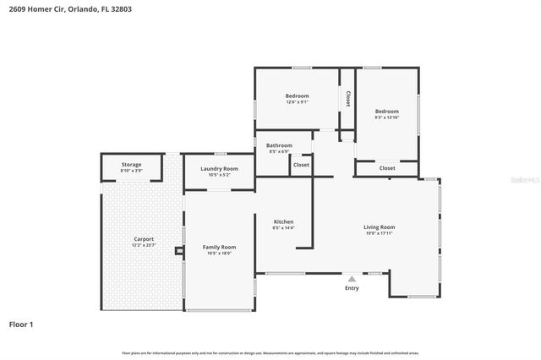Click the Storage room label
(x=131, y=164)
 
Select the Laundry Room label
(x=219, y=168)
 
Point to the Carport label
(x=144, y=239)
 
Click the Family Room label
(x=219, y=247)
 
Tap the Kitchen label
(x=282, y=222)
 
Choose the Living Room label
(x=380, y=226)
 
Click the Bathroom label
(x=280, y=145)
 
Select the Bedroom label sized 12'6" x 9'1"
(x=297, y=95)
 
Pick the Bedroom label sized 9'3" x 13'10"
(x=386, y=111)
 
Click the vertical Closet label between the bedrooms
(x=347, y=99)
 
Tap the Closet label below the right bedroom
(x=386, y=168)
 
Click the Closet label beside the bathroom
(x=301, y=165)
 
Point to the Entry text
(x=352, y=288)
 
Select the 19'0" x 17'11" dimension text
(x=380, y=233)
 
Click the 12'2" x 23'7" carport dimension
(x=144, y=246)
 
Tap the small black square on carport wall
(x=178, y=250)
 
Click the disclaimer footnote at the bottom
(x=270, y=352)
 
